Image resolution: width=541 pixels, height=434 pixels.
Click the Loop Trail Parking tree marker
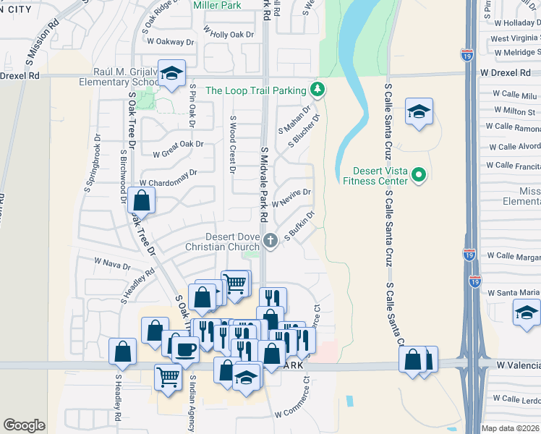click(317, 90)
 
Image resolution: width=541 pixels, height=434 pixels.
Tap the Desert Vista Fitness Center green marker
click(418, 174)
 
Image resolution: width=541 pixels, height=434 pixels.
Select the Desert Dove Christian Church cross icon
click(270, 241)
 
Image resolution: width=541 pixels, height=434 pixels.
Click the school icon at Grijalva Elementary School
click(171, 73)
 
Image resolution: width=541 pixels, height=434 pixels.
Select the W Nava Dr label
click(112, 263)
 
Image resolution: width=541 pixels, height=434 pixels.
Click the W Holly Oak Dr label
click(229, 33)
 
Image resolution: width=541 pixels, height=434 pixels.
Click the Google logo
click(25, 425)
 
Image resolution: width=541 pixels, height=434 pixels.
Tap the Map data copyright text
click(510, 428)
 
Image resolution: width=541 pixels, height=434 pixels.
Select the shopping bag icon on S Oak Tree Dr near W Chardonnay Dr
click(142, 201)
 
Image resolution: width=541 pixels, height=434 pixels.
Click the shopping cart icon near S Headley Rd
click(168, 375)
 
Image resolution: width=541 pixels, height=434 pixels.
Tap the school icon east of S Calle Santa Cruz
click(419, 111)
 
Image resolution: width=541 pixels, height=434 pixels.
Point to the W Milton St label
click(514, 111)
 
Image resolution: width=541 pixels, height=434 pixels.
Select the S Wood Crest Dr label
click(232, 145)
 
